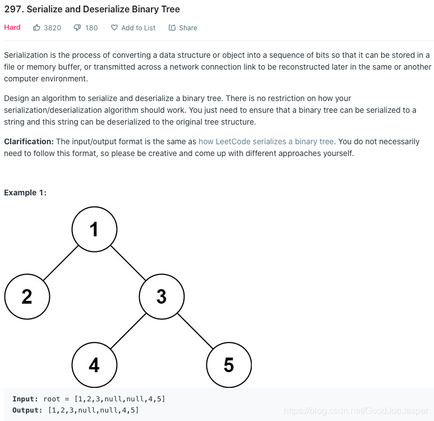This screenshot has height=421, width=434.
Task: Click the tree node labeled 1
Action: point(94,229)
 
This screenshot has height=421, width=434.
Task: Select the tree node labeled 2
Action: point(27,296)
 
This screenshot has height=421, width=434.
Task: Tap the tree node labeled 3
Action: point(161,296)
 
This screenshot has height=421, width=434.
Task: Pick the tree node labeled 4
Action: point(94,365)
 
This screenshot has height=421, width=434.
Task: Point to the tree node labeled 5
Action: point(229,365)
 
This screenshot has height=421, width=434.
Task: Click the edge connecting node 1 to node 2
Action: point(61,263)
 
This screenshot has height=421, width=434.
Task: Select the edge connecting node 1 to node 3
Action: point(128,263)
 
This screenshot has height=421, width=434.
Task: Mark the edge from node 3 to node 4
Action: point(128,331)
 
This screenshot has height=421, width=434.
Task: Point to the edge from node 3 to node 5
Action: point(195,331)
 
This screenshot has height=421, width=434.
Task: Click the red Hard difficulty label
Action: point(12,28)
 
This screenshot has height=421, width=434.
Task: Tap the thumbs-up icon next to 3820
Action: point(37,28)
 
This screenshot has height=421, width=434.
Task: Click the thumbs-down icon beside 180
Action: point(77,28)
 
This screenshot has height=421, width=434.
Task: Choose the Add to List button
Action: point(133,28)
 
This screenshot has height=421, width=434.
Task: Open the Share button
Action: point(183,28)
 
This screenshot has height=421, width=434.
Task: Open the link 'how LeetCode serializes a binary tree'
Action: point(266,141)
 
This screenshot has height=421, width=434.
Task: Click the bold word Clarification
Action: point(29,141)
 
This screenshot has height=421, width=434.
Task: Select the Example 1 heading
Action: point(25,193)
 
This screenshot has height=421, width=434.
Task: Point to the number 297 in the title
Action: point(12,10)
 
